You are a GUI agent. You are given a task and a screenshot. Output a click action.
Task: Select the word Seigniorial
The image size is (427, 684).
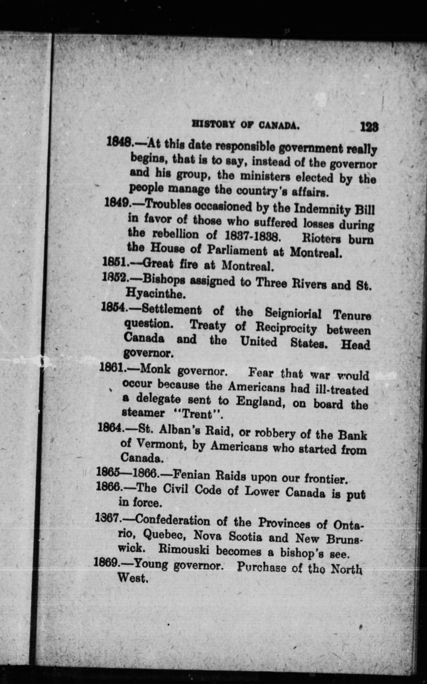point(293,313)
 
